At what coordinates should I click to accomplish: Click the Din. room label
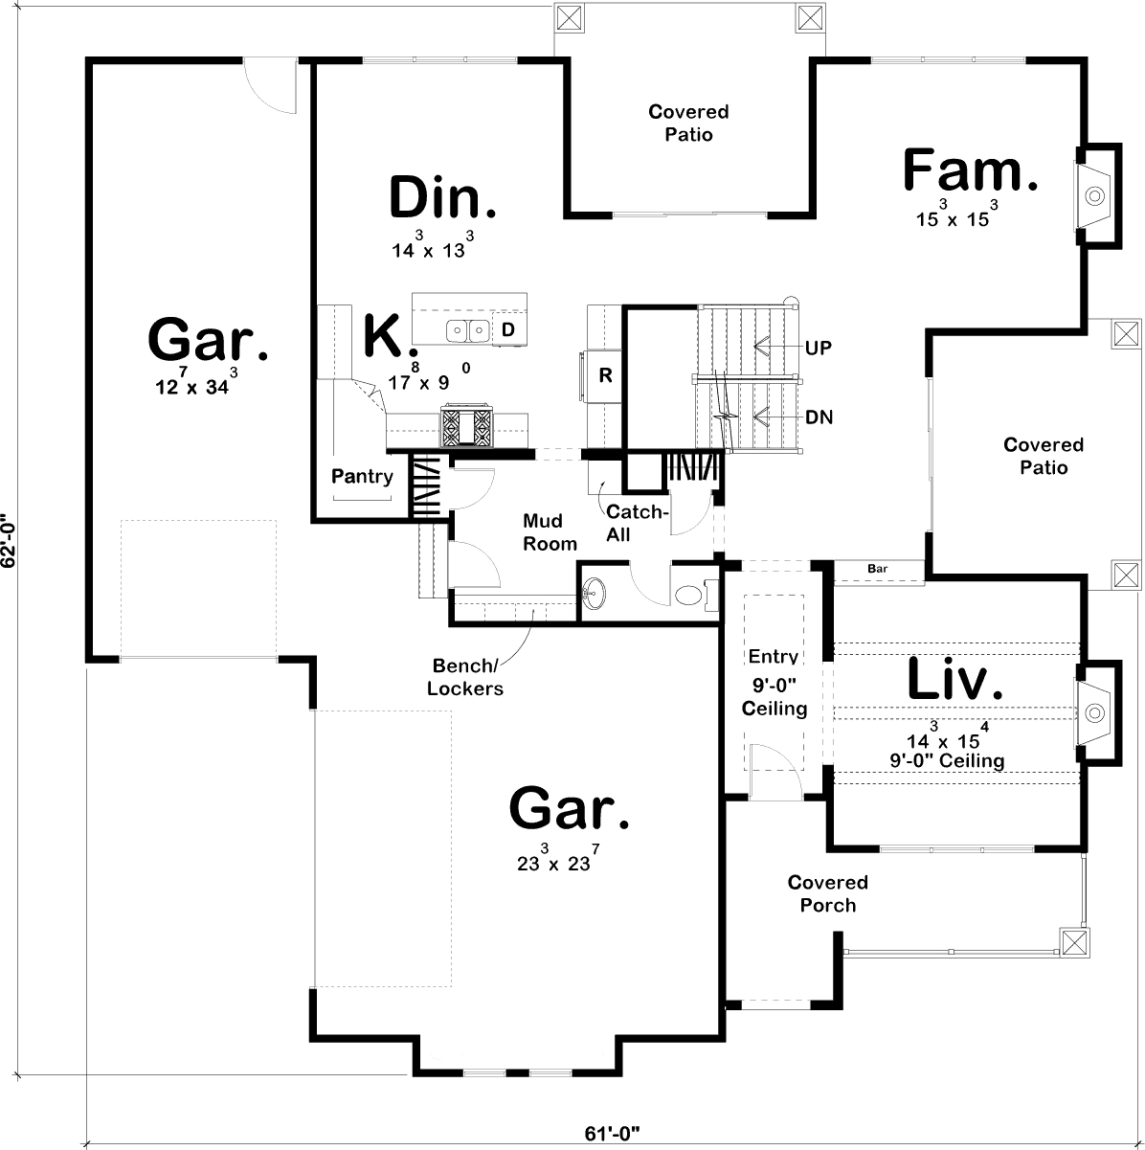(443, 198)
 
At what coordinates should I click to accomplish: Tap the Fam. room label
(970, 171)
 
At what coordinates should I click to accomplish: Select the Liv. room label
(954, 680)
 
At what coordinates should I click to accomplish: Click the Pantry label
(362, 476)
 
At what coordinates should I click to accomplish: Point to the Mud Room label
(550, 532)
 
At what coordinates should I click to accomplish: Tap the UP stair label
(819, 348)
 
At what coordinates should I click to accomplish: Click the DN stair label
(819, 417)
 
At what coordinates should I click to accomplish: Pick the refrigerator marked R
(605, 375)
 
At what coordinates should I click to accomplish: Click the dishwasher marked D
(509, 329)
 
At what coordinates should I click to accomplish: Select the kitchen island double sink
(468, 330)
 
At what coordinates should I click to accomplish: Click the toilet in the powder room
(689, 596)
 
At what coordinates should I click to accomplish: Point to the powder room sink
(594, 595)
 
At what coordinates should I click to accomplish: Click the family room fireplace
(1094, 196)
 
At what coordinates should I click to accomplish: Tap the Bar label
(877, 570)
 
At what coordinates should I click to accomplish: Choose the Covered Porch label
(828, 893)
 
